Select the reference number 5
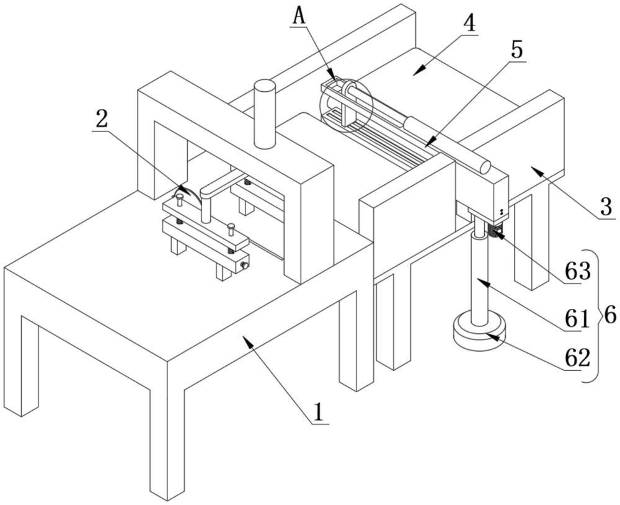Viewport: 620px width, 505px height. click(516, 51)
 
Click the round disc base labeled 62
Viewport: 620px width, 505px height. click(479, 332)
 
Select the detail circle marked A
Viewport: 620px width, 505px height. click(345, 105)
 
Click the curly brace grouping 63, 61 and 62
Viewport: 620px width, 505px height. click(594, 315)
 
